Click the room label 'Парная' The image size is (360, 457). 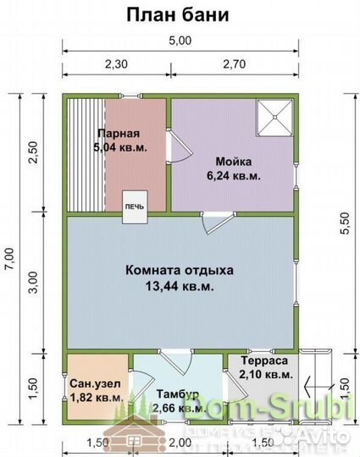pos(118,134)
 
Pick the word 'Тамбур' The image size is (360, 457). pos(177,394)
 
